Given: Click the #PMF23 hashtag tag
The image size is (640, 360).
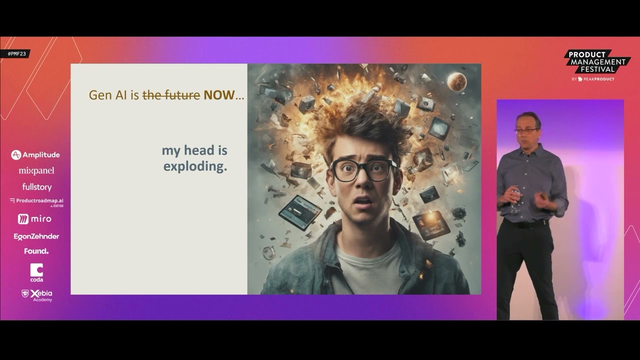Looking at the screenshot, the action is point(15,53).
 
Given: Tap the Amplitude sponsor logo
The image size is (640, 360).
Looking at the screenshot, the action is point(35,155).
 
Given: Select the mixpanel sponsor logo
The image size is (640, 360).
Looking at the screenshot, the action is point(36,171).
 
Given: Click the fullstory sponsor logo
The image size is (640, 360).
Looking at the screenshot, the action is point(37,187).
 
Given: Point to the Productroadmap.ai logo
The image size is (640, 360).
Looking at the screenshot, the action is point(36,202).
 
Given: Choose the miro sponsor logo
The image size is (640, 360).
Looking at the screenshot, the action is point(34,219).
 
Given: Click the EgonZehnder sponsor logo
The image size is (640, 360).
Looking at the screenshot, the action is point(36,236).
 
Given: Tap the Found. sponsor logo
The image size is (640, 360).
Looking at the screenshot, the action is point(36,251).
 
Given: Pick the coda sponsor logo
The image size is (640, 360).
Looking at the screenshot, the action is point(36,273).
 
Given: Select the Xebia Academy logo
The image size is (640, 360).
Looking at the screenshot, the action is point(37,295).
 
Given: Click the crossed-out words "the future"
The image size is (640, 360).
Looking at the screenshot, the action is point(171,95).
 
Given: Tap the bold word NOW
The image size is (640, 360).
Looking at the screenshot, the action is point(219,95).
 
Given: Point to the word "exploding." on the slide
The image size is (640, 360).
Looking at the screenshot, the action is point(195,166).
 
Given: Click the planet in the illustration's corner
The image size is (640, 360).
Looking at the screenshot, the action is point(456,81).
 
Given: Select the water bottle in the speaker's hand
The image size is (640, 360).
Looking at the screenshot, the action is point(515,200).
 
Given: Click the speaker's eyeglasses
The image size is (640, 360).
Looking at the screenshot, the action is point(526,131).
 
